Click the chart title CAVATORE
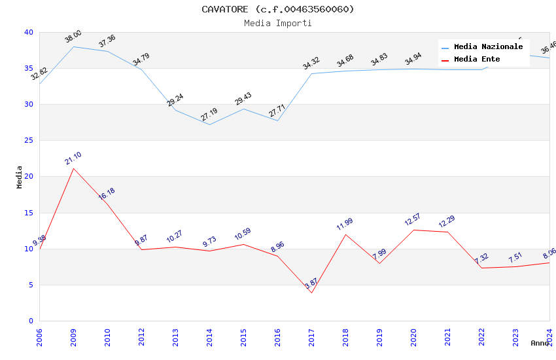point(278,9)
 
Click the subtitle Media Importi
point(278,23)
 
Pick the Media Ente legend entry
point(477,59)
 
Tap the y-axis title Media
point(20,177)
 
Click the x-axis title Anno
point(540,343)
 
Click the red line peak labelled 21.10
point(73,168)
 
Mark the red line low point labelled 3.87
point(311,293)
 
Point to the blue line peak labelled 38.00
point(73,46)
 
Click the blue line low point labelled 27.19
point(209,124)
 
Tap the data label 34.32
point(311,63)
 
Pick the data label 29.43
point(243,99)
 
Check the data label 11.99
point(345,224)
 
